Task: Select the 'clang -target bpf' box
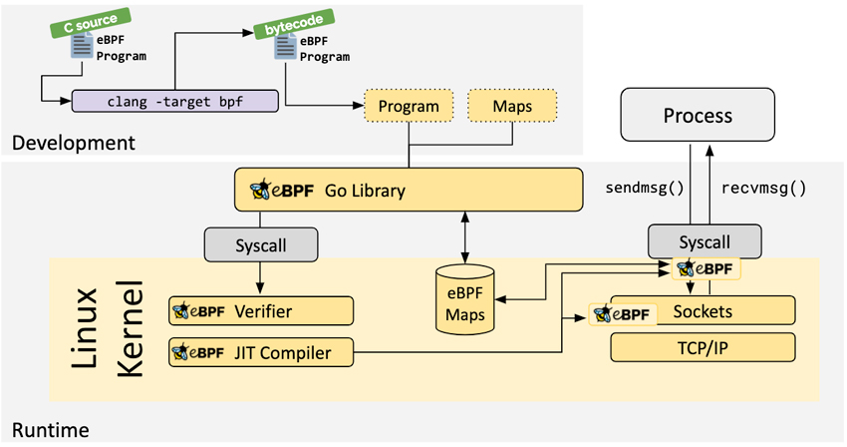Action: coord(173,100)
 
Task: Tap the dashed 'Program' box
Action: coord(409,106)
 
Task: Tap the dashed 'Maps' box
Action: coord(512,106)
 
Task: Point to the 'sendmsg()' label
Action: coord(645,187)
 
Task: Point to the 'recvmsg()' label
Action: coord(763,187)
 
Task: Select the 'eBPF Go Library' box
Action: coord(408,189)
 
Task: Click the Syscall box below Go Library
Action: coord(261,241)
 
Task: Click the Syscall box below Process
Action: coord(705,241)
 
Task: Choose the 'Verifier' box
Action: coord(262,311)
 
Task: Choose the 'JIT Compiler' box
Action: coord(264,351)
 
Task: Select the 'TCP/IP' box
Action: coord(703,347)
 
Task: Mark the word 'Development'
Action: coord(73,143)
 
